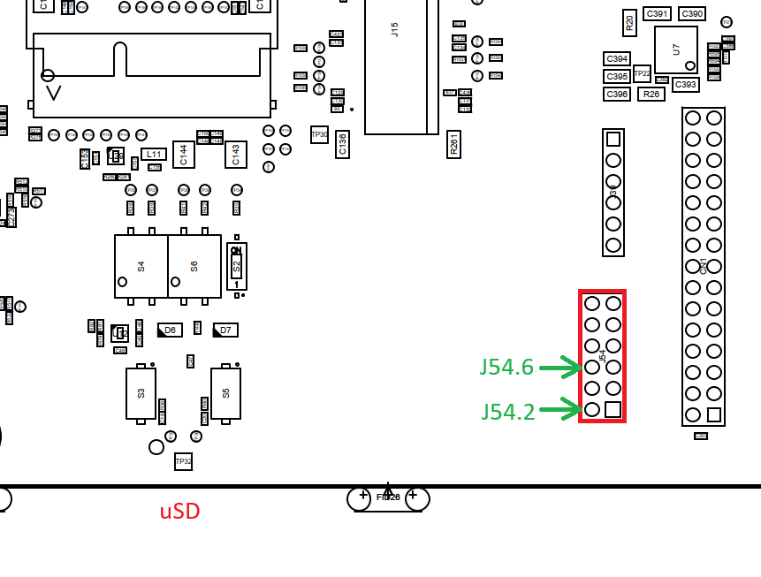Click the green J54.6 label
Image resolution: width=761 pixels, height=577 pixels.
507,367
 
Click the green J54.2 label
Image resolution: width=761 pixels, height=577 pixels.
508,411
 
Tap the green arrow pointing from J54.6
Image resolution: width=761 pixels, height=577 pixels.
560,367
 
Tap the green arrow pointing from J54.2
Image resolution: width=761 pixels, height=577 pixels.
560,409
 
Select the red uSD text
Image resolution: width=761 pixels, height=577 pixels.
179,512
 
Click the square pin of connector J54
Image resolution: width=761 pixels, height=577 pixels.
613,410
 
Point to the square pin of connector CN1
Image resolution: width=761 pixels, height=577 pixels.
714,414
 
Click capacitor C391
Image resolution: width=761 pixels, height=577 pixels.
658,13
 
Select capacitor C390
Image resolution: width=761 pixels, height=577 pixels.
692,13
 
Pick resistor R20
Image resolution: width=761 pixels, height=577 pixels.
629,22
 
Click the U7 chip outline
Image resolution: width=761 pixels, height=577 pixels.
676,49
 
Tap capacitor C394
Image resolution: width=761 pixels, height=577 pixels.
617,59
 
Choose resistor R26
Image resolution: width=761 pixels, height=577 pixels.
651,94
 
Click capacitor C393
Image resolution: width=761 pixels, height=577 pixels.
686,85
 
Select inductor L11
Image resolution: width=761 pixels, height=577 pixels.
154,154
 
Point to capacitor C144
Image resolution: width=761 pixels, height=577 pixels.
184,155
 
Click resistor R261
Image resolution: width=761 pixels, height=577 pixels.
454,144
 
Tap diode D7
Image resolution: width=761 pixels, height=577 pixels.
225,330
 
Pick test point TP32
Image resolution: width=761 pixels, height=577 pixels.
183,461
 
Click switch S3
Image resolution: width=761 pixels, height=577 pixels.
141,393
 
